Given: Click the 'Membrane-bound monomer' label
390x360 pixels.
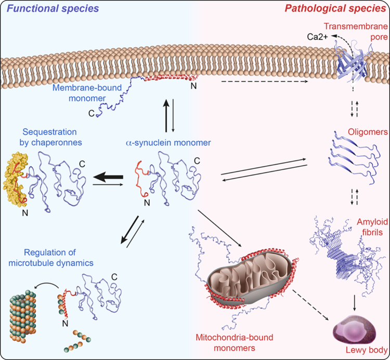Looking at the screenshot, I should pyautogui.click(x=87, y=91).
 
